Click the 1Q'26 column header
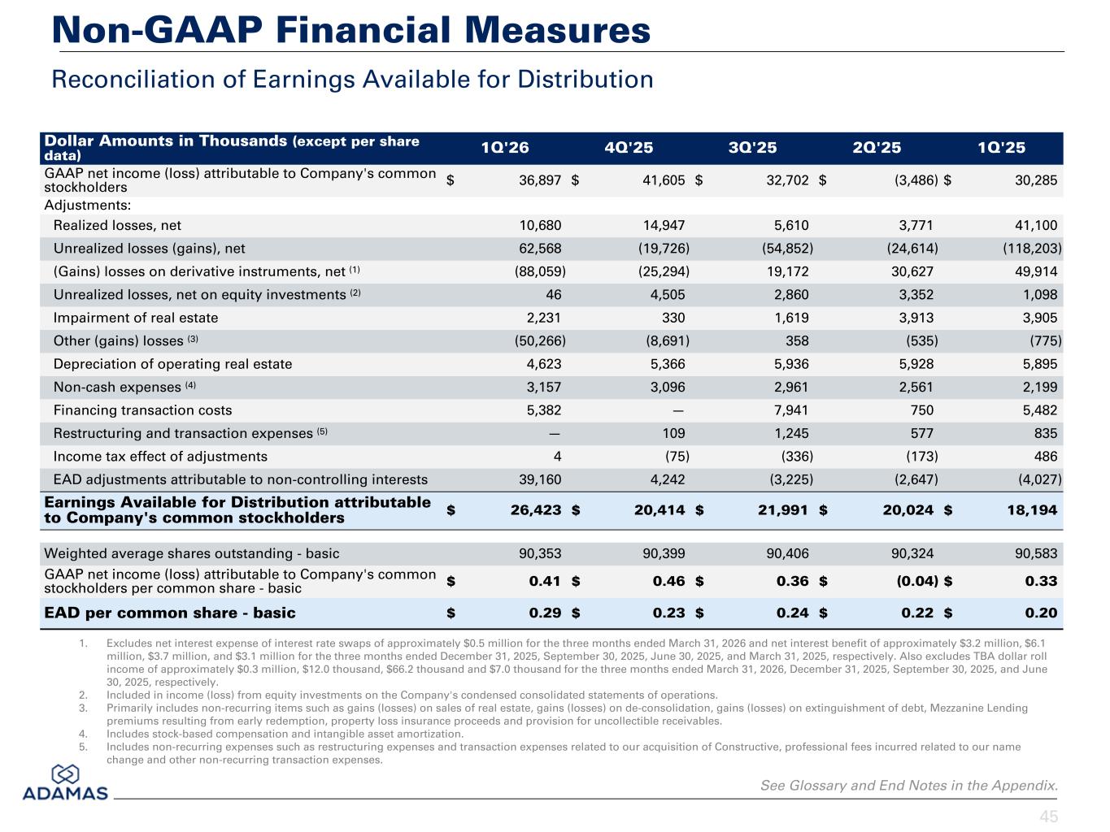coord(504,148)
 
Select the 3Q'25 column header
coord(752,148)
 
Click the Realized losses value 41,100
coord(1036,225)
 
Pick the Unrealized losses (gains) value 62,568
coord(540,249)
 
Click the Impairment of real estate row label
coord(136,318)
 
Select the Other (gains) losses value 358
coord(797,341)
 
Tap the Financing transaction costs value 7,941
coord(791,410)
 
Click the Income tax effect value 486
coord(1045,457)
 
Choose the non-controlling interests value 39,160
coord(540,479)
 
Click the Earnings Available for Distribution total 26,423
coord(536,510)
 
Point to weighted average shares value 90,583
coord(1036,553)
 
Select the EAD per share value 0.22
coord(917,613)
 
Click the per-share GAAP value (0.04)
coord(917,582)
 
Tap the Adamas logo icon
coord(65,774)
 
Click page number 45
coord(1049,817)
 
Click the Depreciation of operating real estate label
coord(173,364)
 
